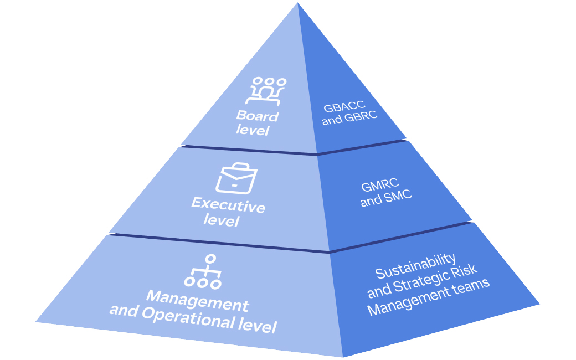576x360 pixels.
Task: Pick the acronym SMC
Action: tap(398, 197)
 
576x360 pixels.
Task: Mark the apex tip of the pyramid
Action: tap(298, 4)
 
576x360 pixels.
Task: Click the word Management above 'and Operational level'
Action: tap(198, 300)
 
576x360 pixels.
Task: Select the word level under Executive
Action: tap(221, 220)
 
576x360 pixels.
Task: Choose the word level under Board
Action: tap(252, 130)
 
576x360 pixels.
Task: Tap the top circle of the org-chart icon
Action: tap(210, 259)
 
